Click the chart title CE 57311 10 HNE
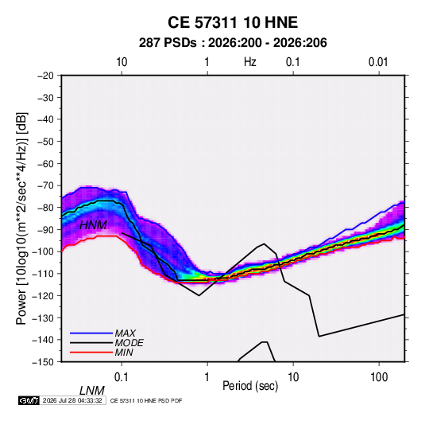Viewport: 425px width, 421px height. coord(233,22)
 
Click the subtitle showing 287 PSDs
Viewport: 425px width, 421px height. coord(233,43)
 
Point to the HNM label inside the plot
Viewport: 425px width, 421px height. coord(93,225)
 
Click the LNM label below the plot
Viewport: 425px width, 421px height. coord(92,391)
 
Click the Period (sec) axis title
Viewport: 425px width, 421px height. coord(250,386)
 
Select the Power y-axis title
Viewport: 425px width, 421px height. coord(21,218)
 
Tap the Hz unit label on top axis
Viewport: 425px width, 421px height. coord(250,62)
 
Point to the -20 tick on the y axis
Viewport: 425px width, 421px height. coord(45,76)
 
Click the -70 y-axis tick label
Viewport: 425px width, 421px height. coord(45,185)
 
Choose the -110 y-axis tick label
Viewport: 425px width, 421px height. coord(44,274)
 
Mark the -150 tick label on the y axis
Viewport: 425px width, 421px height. coord(44,362)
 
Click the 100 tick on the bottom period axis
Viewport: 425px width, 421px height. coord(379,377)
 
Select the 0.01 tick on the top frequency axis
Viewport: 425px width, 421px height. coord(378,62)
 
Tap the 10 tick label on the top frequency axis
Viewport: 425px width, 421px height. coord(122,62)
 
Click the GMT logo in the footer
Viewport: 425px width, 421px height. coord(29,400)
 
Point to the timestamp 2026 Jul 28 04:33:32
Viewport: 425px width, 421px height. coord(72,400)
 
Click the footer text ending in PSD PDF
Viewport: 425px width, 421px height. coord(146,400)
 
